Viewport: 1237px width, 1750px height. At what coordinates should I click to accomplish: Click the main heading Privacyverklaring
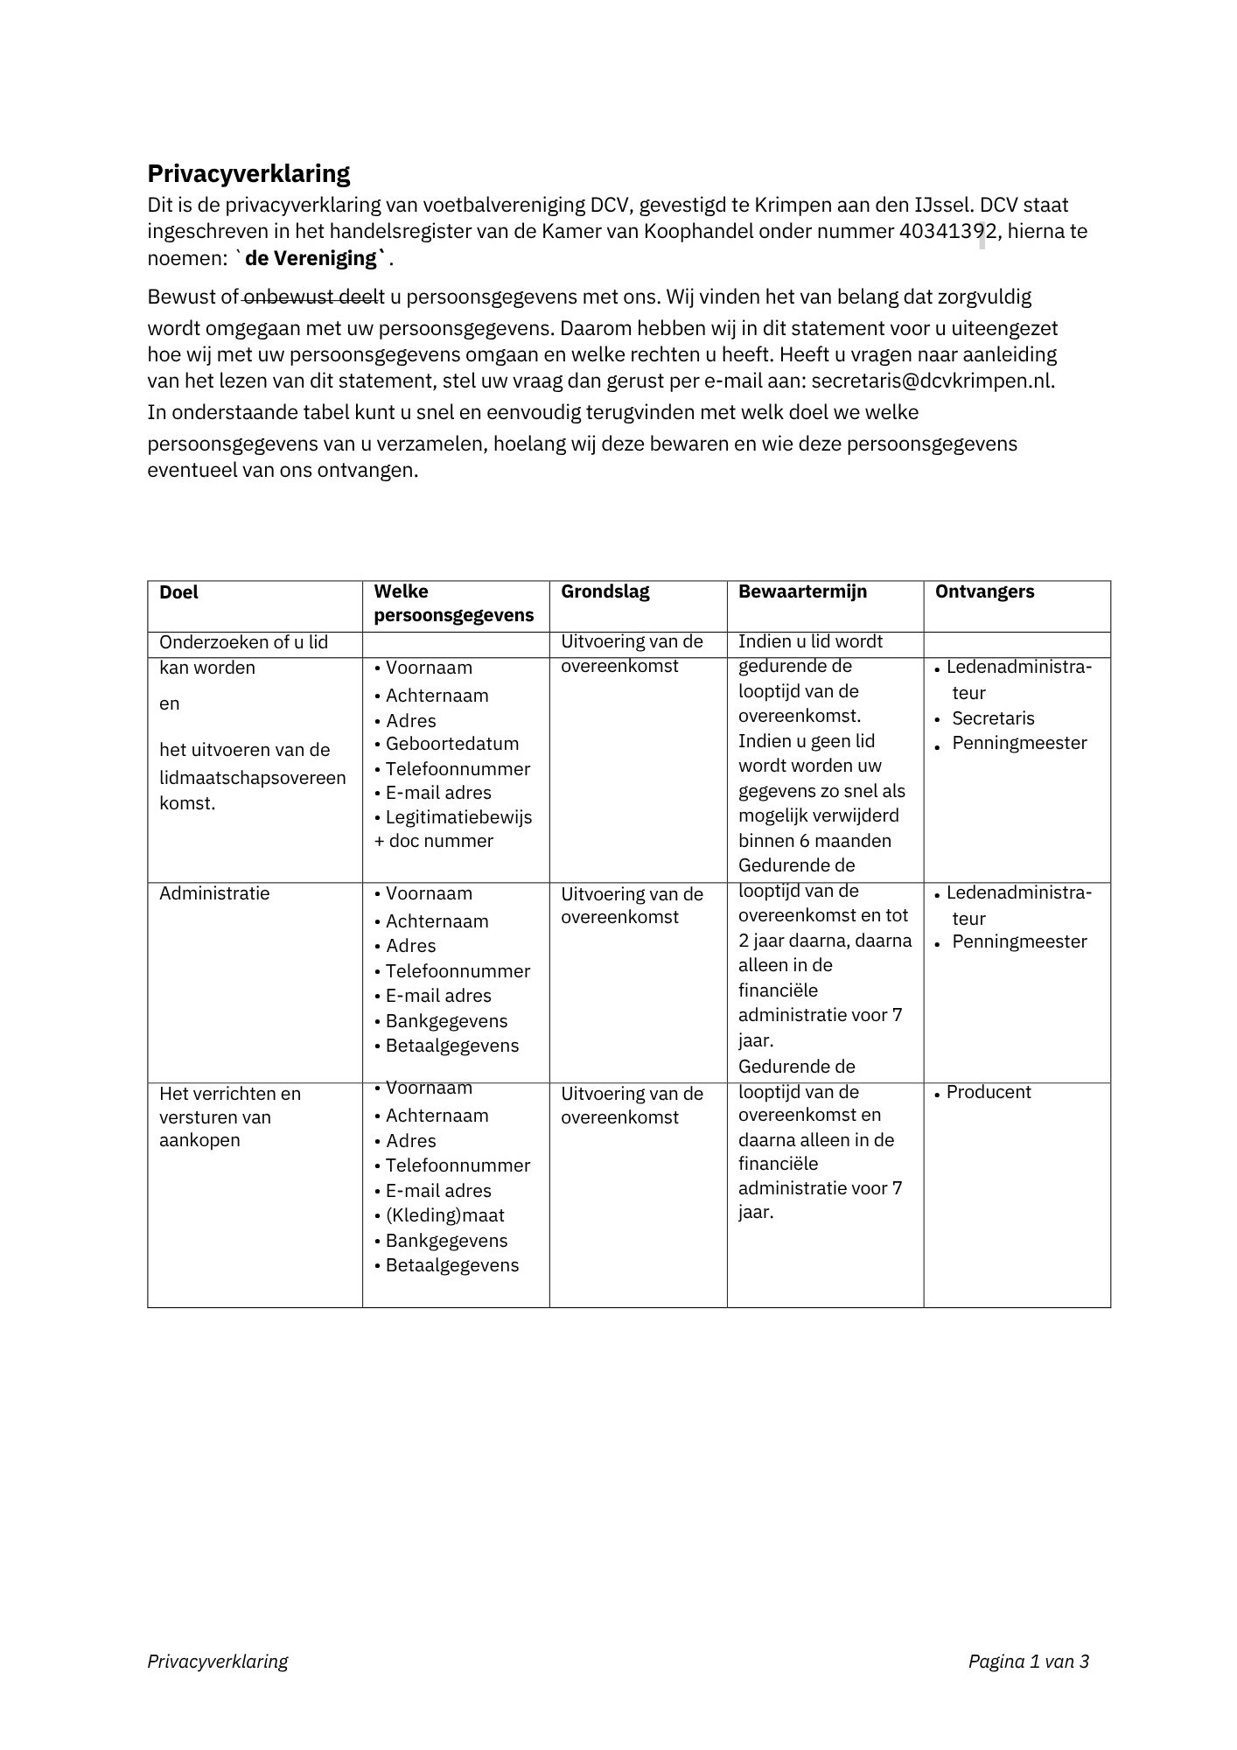click(x=248, y=173)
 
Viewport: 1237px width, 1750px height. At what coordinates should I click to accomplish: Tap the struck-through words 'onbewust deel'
click(x=311, y=297)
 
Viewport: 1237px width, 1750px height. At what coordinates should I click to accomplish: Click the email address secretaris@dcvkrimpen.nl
click(x=933, y=381)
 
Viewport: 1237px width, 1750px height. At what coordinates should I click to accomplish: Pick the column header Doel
click(x=178, y=592)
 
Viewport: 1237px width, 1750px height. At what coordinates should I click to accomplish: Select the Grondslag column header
click(x=605, y=591)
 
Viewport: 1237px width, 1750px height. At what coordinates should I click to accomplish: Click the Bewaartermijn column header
click(x=802, y=591)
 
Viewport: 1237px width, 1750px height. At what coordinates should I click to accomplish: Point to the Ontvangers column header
click(x=984, y=591)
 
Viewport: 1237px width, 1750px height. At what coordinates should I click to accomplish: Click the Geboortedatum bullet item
click(x=451, y=744)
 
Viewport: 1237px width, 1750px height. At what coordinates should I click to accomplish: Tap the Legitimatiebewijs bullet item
click(x=458, y=817)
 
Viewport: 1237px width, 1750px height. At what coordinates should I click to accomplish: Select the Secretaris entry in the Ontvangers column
click(x=993, y=718)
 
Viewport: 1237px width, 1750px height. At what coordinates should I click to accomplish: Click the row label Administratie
click(x=214, y=893)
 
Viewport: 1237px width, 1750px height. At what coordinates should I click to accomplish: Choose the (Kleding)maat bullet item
click(x=444, y=1215)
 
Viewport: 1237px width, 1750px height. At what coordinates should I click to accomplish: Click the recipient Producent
click(x=989, y=1092)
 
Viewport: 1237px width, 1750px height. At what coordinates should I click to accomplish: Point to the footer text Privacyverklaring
click(x=218, y=1661)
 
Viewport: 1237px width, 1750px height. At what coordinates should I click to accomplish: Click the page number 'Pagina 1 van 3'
click(x=1028, y=1661)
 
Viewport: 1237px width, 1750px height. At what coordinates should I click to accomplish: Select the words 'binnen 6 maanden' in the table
click(x=814, y=841)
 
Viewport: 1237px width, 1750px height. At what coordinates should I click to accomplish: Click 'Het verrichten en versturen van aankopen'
click(x=229, y=1116)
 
